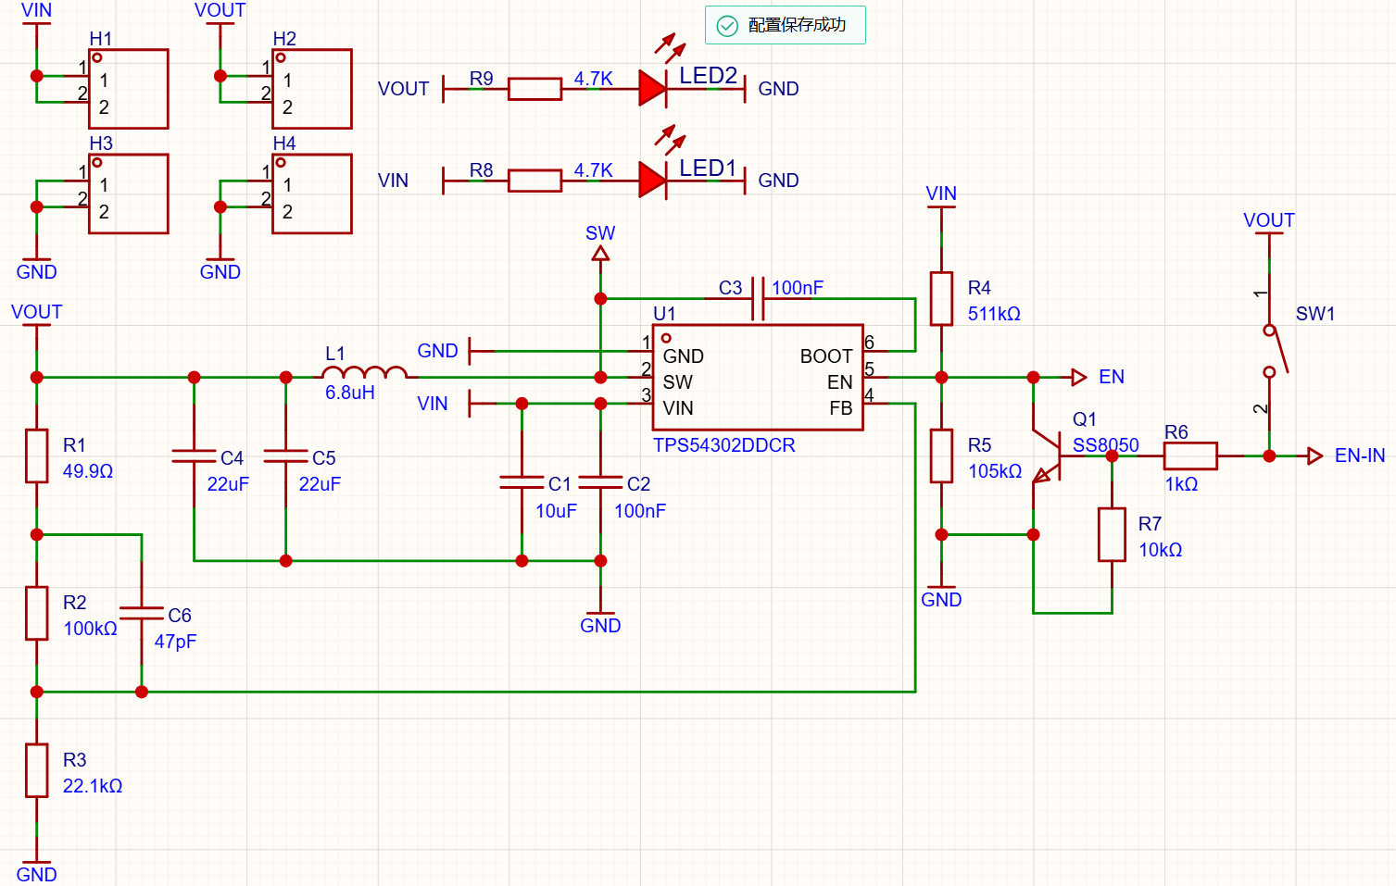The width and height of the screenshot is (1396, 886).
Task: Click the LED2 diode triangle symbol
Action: [x=652, y=89]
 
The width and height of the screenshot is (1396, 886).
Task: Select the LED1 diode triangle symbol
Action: [x=652, y=181]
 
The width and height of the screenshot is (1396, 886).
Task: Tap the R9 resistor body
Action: [x=535, y=89]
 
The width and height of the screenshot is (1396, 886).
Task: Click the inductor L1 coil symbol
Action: [x=365, y=372]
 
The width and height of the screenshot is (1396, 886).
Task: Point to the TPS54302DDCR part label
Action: [x=723, y=445]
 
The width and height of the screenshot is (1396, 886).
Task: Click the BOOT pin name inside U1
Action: [x=825, y=356]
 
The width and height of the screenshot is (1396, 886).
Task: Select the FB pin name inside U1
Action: [x=841, y=408]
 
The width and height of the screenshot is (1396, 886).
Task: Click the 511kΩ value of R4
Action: [x=994, y=314]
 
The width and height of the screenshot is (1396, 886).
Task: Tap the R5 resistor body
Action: [x=941, y=456]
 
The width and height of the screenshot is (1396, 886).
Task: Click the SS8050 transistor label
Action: [x=1105, y=445]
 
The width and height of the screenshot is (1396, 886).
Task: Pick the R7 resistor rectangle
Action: [x=1112, y=534]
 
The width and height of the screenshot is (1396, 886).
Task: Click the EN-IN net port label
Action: [x=1359, y=455]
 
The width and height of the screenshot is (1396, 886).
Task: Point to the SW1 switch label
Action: [x=1315, y=314]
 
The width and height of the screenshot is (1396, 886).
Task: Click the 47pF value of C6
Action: [x=175, y=642]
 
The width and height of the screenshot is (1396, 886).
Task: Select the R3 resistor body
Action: [x=37, y=770]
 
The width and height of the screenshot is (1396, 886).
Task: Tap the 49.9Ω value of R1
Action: [x=88, y=471]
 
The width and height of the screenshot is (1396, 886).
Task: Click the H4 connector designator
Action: [x=284, y=144]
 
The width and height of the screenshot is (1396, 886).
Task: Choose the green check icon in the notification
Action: [x=726, y=26]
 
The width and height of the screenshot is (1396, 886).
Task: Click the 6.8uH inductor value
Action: [x=349, y=393]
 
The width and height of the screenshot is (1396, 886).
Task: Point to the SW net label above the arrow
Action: [x=600, y=233]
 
